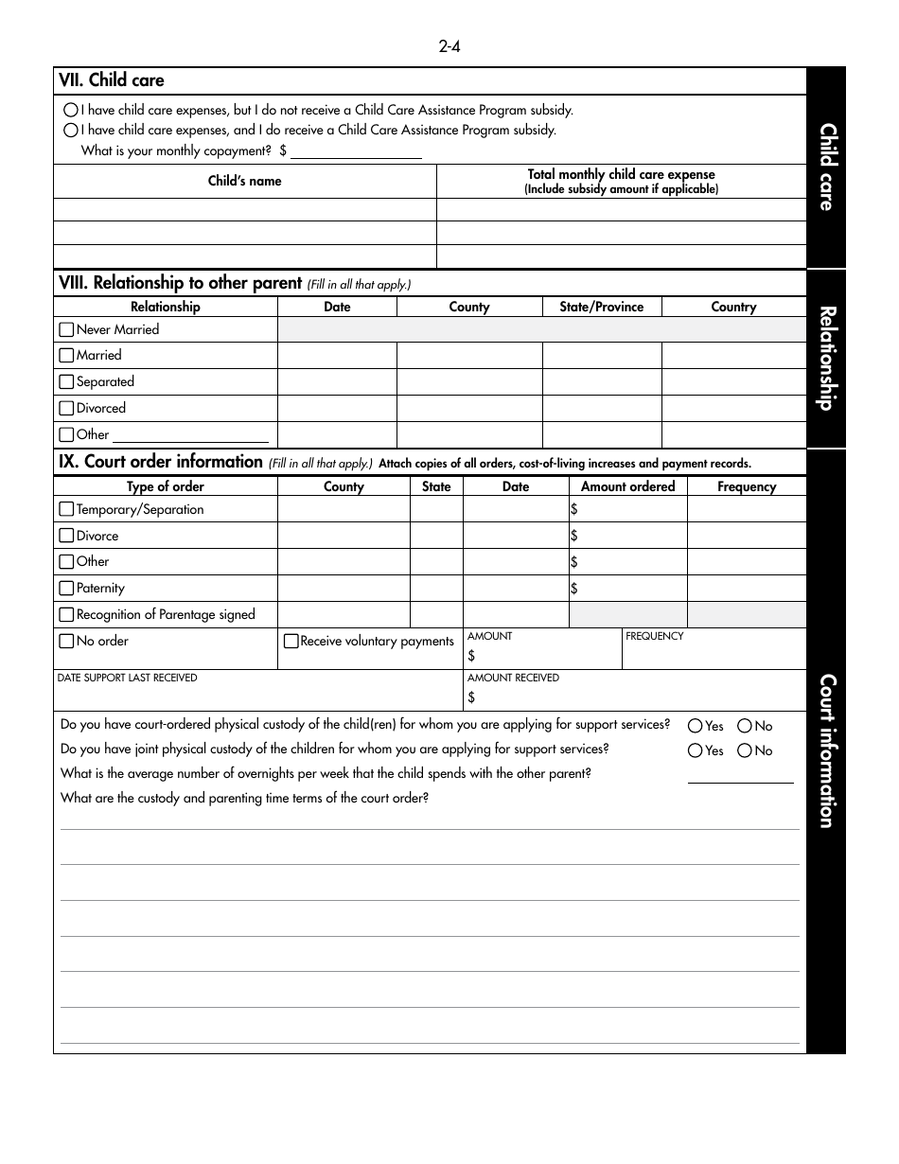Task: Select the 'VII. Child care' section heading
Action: click(112, 81)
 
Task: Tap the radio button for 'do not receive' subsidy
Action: click(71, 110)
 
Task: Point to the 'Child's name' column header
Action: click(244, 181)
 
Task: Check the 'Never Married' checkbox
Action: click(66, 330)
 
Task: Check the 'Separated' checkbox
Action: click(66, 382)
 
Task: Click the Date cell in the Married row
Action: click(337, 356)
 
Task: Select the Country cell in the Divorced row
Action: click(733, 409)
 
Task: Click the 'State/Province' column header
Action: click(601, 307)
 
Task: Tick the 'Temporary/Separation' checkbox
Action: click(66, 509)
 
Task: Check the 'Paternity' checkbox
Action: click(66, 588)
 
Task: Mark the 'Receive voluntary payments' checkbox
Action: click(291, 641)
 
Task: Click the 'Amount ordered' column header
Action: click(627, 486)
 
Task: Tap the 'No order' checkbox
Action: click(66, 641)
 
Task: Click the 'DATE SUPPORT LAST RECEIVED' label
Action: click(128, 678)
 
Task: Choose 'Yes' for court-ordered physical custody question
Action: click(696, 726)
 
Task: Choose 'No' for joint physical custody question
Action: click(745, 750)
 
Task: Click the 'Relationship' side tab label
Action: click(826, 358)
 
